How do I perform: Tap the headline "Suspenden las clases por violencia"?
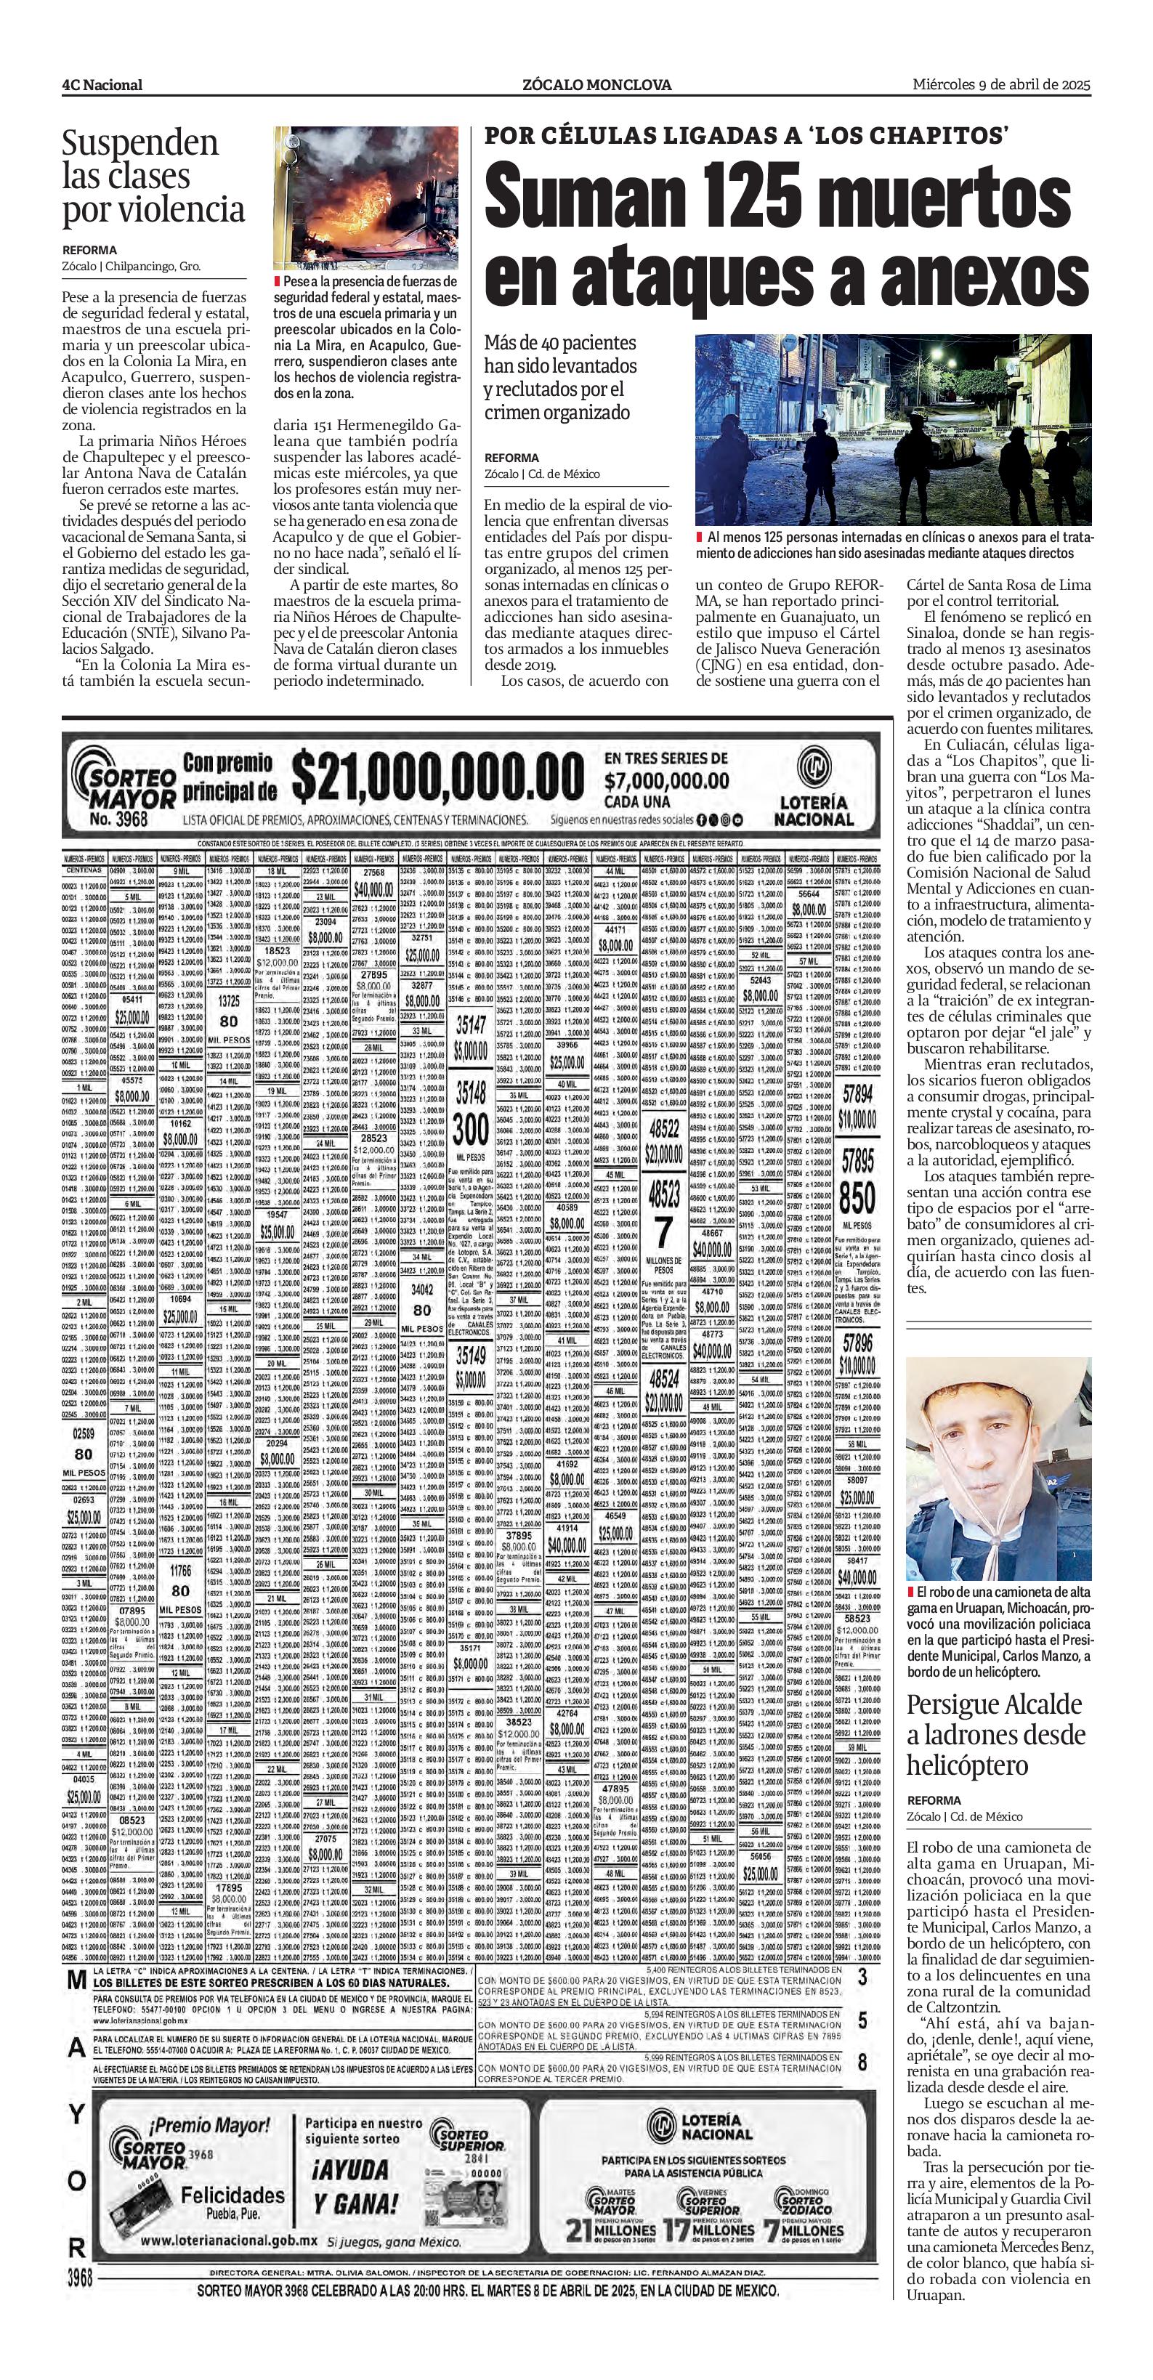coord(154,177)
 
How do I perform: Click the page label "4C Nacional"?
coord(102,85)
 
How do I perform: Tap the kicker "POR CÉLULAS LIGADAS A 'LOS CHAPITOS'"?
coord(746,135)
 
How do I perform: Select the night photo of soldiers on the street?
coord(894,429)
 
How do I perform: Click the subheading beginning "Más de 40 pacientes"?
coord(561,377)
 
